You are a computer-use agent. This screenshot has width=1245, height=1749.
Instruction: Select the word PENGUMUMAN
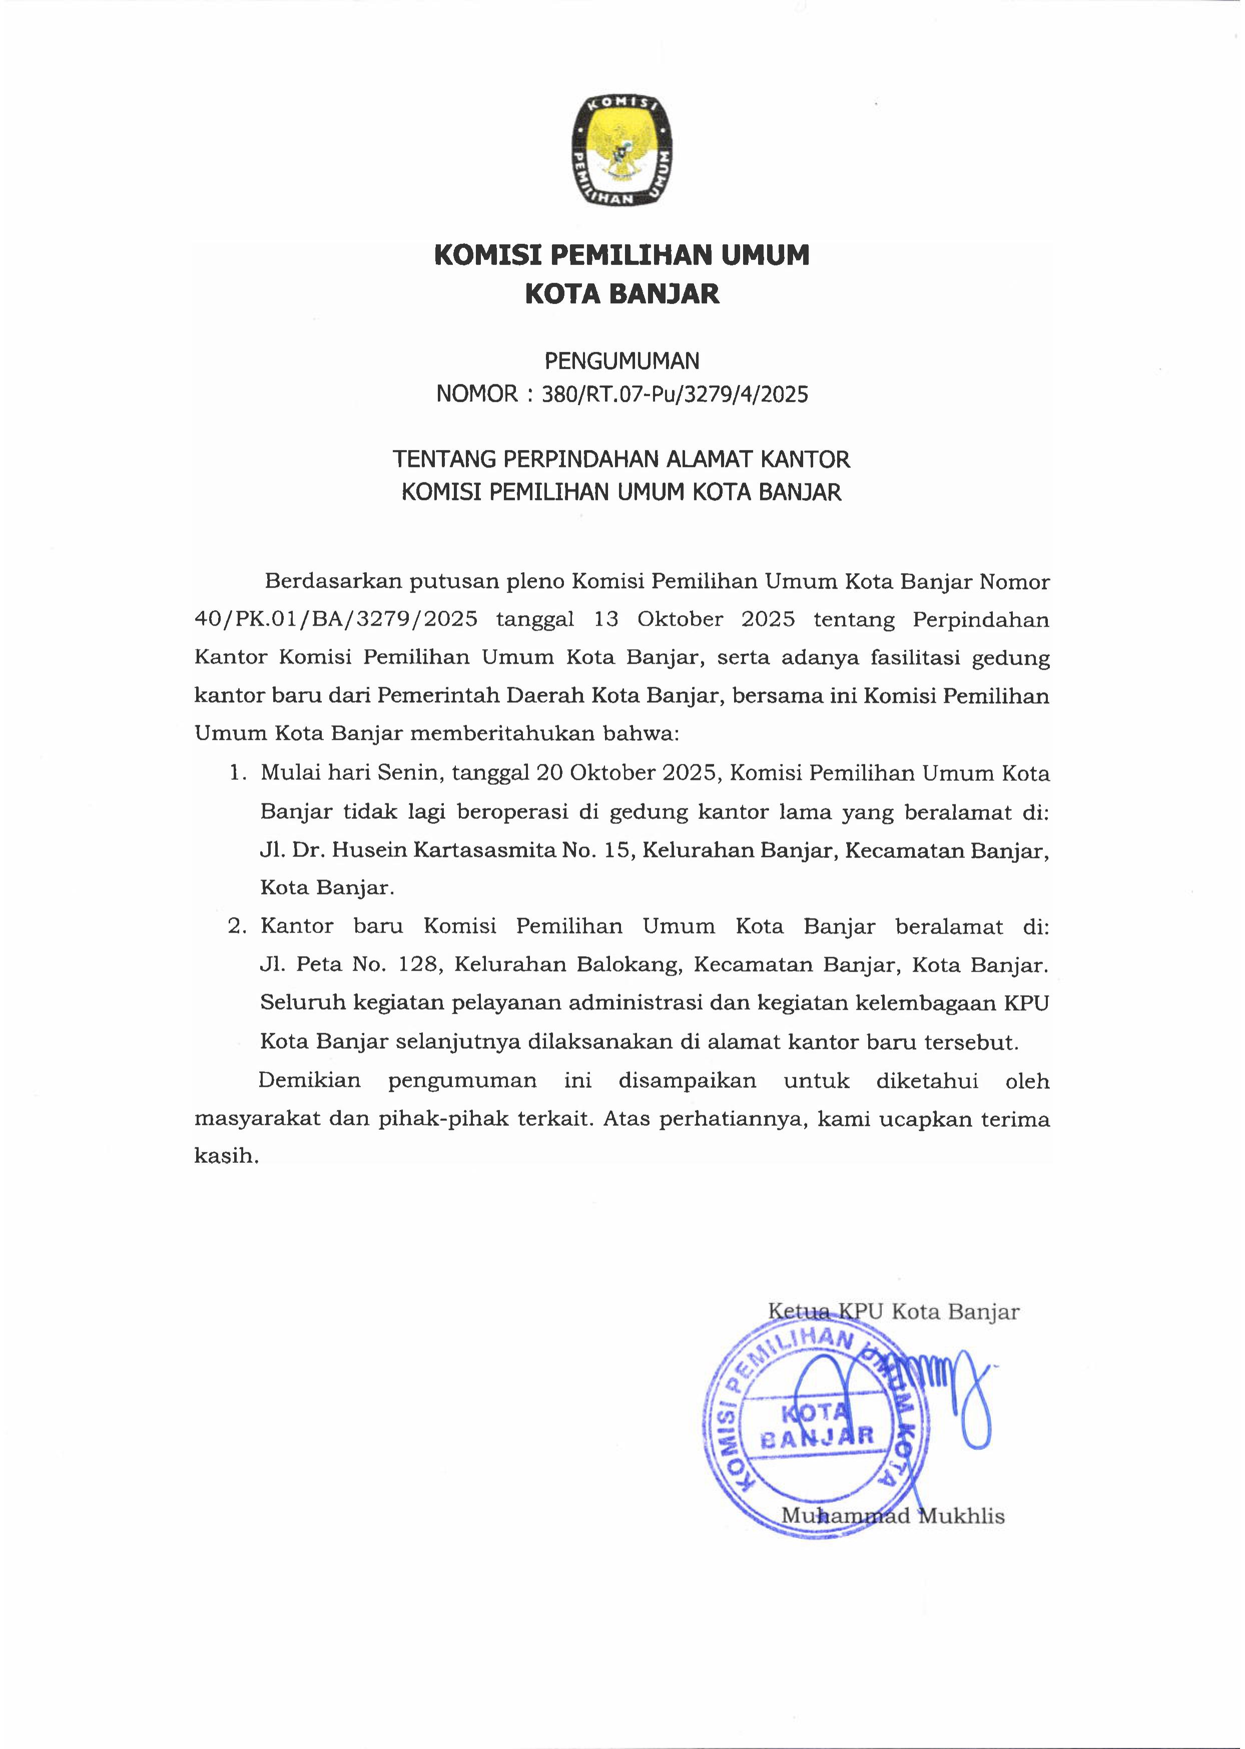tap(621, 360)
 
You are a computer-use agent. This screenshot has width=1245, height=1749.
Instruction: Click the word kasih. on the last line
tap(227, 1156)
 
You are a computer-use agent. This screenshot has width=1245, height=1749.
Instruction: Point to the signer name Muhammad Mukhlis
tap(892, 1517)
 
